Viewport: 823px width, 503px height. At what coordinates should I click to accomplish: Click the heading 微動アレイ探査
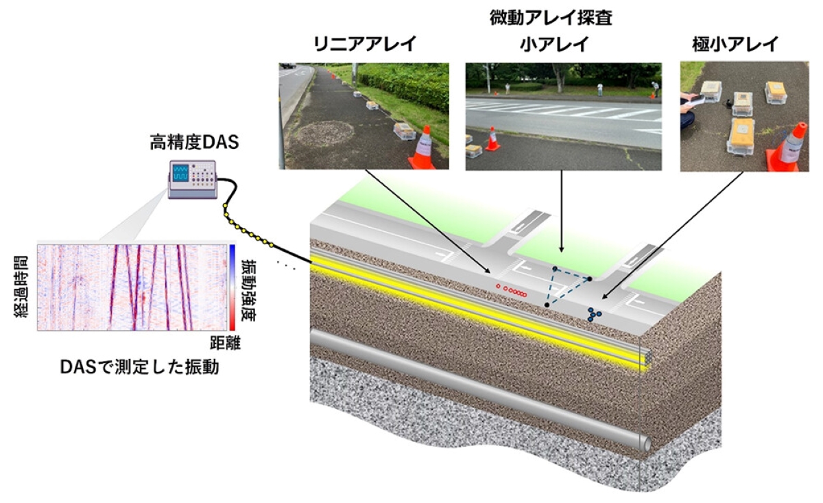coord(551,18)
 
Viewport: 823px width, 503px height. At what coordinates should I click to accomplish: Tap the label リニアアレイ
coord(365,44)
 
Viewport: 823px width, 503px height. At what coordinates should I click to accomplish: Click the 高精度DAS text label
coord(194,142)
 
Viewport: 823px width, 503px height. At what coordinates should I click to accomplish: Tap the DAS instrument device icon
coord(193,179)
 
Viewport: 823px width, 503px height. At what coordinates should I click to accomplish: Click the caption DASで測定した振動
coord(140,367)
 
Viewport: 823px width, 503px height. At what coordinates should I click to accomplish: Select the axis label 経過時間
coord(21,287)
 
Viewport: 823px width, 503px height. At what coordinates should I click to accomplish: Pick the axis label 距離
coord(225,342)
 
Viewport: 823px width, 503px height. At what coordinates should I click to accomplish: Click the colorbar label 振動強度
coord(249,290)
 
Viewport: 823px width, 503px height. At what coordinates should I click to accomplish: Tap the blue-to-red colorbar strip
coord(232,288)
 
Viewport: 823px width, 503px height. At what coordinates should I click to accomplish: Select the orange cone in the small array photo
coord(492,139)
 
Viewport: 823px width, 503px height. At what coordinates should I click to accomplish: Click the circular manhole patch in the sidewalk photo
coord(325,132)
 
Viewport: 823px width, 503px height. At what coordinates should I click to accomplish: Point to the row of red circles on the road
coord(511,291)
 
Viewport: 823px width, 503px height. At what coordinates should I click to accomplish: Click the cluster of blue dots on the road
coord(593,315)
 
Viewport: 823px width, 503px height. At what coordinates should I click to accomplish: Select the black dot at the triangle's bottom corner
coord(547,305)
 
